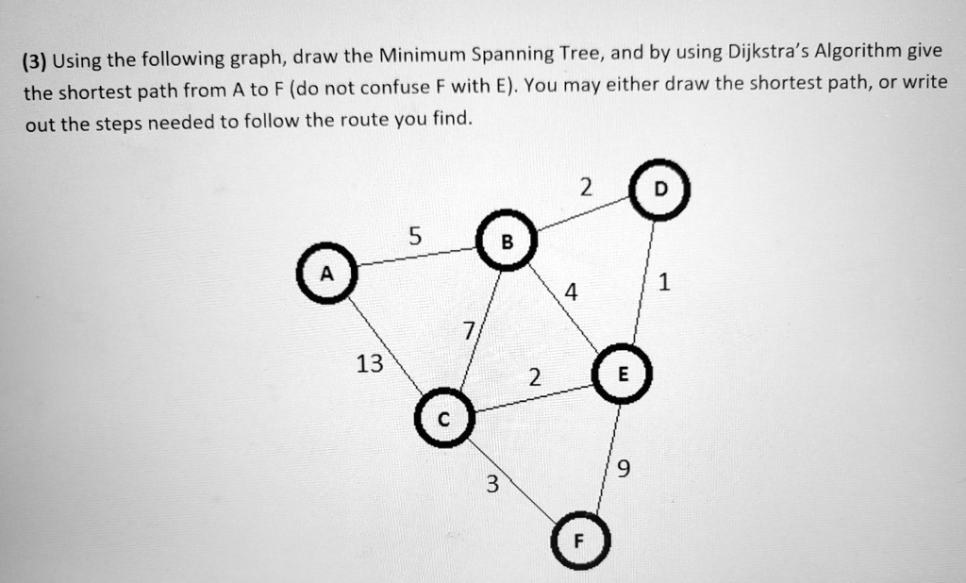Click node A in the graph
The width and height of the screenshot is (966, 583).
[x=327, y=274]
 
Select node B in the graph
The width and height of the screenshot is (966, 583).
[x=507, y=241]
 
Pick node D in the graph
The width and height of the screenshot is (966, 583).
[x=659, y=190]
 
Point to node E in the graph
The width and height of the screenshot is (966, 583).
[x=623, y=374]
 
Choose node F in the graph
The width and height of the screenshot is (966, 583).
[x=580, y=541]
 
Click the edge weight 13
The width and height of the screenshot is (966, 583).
[x=370, y=363]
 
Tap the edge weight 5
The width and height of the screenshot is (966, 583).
[x=415, y=236]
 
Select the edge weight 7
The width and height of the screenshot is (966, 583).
[x=470, y=331]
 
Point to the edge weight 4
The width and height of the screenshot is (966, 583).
[x=572, y=292]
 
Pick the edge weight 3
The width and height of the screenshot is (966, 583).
[x=491, y=484]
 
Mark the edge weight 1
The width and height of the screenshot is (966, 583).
[x=663, y=282]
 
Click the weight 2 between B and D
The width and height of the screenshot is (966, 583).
[x=586, y=187]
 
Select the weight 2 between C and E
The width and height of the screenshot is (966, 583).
[x=535, y=377]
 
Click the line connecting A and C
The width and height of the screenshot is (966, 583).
[x=386, y=345]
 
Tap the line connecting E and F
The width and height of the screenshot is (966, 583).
[x=608, y=458]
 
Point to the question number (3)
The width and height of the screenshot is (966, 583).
[x=35, y=61]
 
